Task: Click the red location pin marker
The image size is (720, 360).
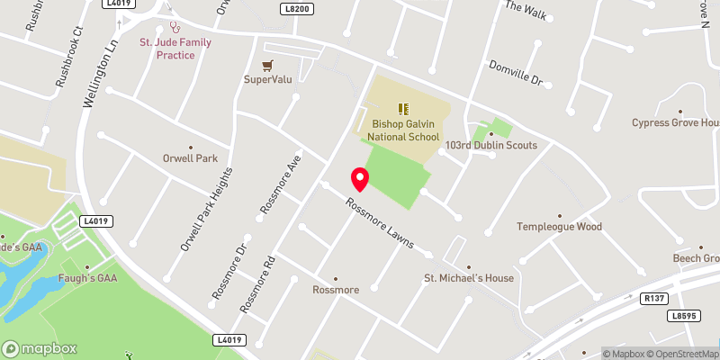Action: pos(360,178)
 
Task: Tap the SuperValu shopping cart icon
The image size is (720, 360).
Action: pos(267,65)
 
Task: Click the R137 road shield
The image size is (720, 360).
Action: pos(653,297)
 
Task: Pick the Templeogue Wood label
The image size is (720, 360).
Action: pos(559,227)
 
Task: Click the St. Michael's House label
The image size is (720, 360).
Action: pos(469,278)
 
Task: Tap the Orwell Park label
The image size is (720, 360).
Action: pos(190,158)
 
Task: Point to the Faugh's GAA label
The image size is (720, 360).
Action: pos(88,278)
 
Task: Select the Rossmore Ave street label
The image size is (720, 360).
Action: pos(280,184)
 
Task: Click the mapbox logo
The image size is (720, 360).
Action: pos(40,348)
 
